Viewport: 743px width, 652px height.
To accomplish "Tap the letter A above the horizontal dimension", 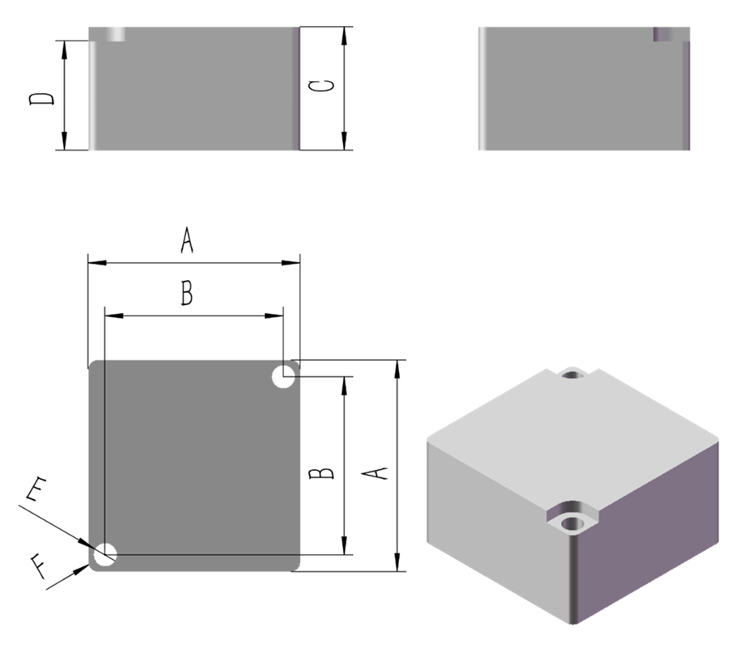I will pyautogui.click(x=187, y=241).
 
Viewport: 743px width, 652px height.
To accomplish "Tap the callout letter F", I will pyautogui.click(x=37, y=562).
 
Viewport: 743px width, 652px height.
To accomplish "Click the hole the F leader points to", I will pyautogui.click(x=105, y=555).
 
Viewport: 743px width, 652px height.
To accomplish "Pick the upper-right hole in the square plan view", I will pyautogui.click(x=283, y=376).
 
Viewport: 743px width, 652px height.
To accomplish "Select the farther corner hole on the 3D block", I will pyautogui.click(x=574, y=375).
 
